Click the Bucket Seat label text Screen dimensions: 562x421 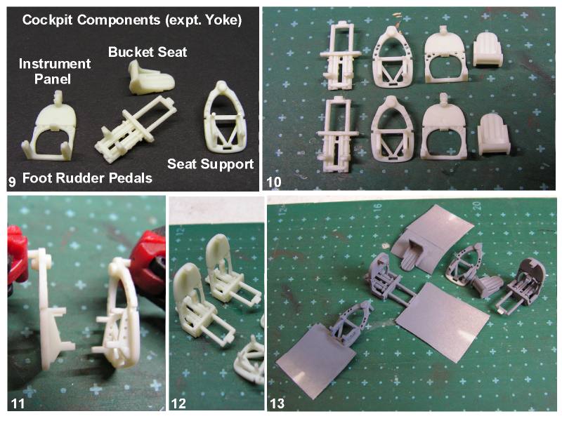[x=148, y=52]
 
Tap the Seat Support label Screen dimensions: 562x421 [x=210, y=164]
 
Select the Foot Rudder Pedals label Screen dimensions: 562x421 [x=87, y=178]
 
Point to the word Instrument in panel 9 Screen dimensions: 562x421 [x=55, y=64]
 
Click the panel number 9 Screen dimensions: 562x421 [x=12, y=182]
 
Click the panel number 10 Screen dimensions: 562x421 [x=274, y=182]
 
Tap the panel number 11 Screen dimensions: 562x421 [x=18, y=403]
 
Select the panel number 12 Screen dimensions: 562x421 [x=178, y=403]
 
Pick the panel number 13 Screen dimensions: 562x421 [x=277, y=403]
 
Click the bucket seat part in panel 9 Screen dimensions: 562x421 [x=151, y=78]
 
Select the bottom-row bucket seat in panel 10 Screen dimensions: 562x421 [x=494, y=134]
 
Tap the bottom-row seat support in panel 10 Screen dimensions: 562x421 [x=393, y=128]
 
